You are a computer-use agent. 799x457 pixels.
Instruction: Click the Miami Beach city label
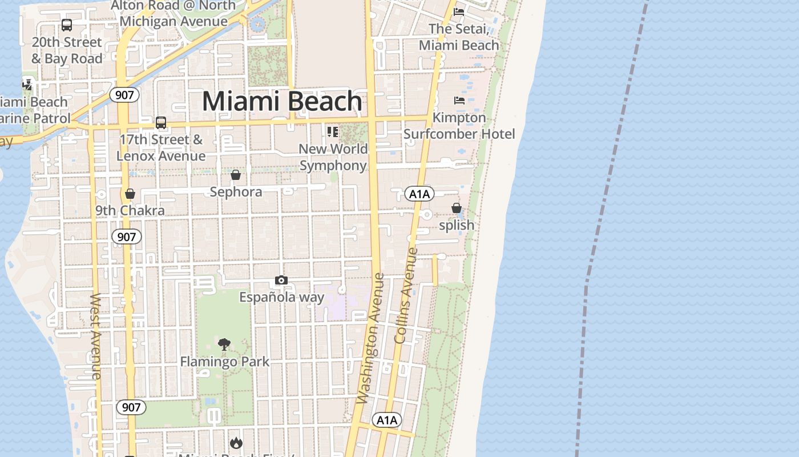point(282,102)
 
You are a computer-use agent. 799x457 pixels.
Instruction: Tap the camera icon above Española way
point(281,280)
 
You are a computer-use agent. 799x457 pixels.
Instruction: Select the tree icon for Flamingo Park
point(224,344)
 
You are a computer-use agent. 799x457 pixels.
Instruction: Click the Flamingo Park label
point(225,362)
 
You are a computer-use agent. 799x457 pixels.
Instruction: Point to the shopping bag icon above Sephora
point(236,175)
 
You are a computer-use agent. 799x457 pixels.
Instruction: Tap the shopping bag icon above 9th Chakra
point(130,194)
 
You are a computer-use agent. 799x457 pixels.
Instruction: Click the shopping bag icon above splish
point(457,208)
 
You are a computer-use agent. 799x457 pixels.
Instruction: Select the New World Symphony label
point(333,157)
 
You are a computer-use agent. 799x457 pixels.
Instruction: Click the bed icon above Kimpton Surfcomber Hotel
point(459,101)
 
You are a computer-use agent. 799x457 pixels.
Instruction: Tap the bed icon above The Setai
point(459,11)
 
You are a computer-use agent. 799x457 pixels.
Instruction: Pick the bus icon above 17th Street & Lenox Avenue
point(161,122)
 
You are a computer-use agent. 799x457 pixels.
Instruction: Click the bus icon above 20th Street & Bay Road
point(67,25)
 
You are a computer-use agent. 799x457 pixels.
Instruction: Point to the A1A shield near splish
point(419,194)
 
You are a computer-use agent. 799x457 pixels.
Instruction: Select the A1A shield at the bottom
point(387,420)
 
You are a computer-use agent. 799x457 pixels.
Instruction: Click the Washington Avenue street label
point(370,338)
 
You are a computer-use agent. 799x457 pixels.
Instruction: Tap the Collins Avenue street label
point(406,295)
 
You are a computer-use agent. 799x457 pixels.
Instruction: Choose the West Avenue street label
point(96,336)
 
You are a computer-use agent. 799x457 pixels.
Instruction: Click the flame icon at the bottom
point(236,443)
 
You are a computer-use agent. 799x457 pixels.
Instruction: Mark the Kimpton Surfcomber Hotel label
point(459,126)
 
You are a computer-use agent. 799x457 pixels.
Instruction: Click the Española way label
point(281,297)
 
